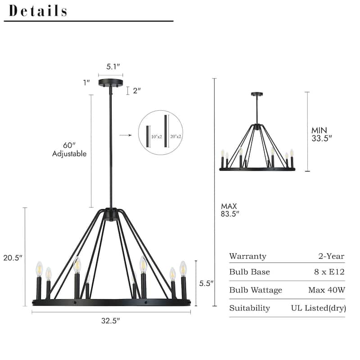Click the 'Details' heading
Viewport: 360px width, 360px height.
coord(38,11)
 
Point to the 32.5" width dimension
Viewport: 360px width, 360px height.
coord(111,321)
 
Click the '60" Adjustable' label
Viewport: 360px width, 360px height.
coord(69,149)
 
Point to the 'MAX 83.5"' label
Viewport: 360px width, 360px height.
coord(230,210)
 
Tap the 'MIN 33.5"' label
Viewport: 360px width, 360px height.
coord(321,134)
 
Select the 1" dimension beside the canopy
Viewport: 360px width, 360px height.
coord(87,82)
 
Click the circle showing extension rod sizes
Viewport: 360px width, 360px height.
coord(160,133)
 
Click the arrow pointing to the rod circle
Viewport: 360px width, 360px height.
coord(125,135)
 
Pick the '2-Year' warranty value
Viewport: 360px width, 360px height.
coord(331,256)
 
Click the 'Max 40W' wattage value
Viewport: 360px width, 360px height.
coord(327,290)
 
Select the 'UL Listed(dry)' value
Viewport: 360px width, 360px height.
coord(318,308)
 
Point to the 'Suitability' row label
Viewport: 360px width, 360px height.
coord(249,308)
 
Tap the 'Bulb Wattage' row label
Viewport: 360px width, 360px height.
coord(256,290)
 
